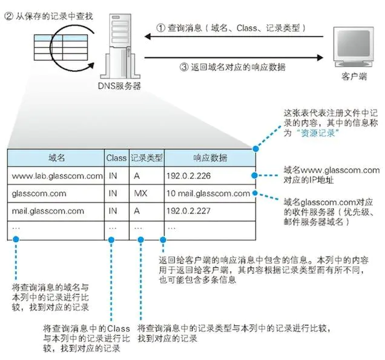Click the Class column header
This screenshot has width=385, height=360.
(116, 158)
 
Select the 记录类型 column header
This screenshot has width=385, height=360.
(146, 158)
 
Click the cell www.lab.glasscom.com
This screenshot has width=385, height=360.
(56, 176)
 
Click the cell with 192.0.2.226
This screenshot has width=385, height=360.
(190, 176)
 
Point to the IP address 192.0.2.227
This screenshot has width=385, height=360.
(190, 211)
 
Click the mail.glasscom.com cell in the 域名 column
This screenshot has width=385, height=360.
(48, 211)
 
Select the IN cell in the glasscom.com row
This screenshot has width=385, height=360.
(113, 194)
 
